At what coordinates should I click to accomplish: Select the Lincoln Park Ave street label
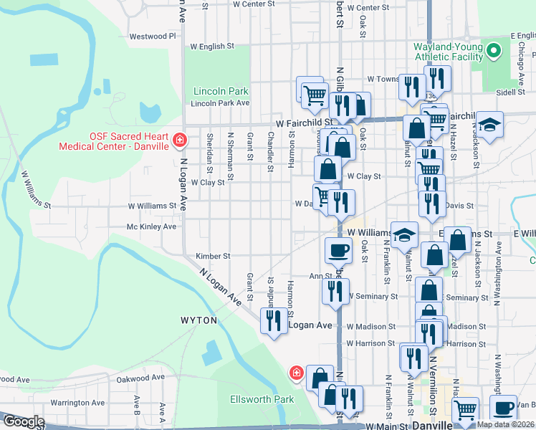(x=221, y=103)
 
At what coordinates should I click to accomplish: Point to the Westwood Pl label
(x=153, y=36)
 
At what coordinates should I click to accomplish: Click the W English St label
(x=211, y=47)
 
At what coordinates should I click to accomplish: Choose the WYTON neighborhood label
(x=198, y=320)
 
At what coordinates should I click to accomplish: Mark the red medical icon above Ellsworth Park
(x=295, y=372)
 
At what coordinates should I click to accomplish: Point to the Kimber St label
(x=212, y=256)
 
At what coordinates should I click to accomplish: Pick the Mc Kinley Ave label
(x=151, y=226)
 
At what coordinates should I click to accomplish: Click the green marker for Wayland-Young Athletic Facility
(x=493, y=51)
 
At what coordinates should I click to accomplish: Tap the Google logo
(x=23, y=421)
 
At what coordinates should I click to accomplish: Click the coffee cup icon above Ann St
(x=338, y=249)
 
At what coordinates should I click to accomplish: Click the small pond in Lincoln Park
(x=150, y=112)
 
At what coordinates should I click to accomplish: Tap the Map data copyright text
(x=505, y=424)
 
